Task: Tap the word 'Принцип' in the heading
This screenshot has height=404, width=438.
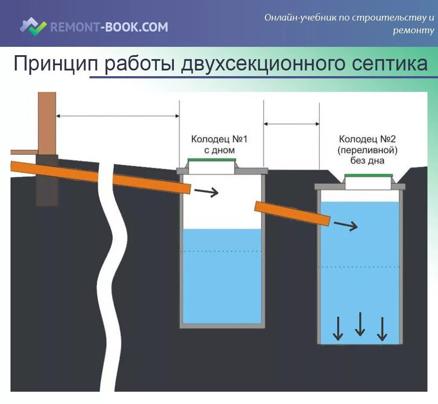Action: [56, 64]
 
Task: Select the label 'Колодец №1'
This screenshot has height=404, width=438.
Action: [219, 139]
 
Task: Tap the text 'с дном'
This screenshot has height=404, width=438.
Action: [219, 150]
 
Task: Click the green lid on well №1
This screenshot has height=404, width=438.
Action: [212, 160]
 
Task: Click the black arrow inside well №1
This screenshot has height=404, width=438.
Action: [206, 192]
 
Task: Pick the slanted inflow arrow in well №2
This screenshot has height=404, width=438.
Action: [346, 226]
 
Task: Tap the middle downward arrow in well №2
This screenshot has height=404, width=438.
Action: [360, 324]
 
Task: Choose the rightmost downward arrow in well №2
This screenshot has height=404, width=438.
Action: [382, 329]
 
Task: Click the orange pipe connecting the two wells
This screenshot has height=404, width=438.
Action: [292, 213]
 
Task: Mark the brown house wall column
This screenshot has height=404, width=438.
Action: [47, 123]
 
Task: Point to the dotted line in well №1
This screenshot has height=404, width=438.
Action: [221, 251]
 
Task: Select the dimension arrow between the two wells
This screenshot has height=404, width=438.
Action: [291, 124]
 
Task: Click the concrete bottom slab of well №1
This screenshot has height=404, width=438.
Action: [222, 325]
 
